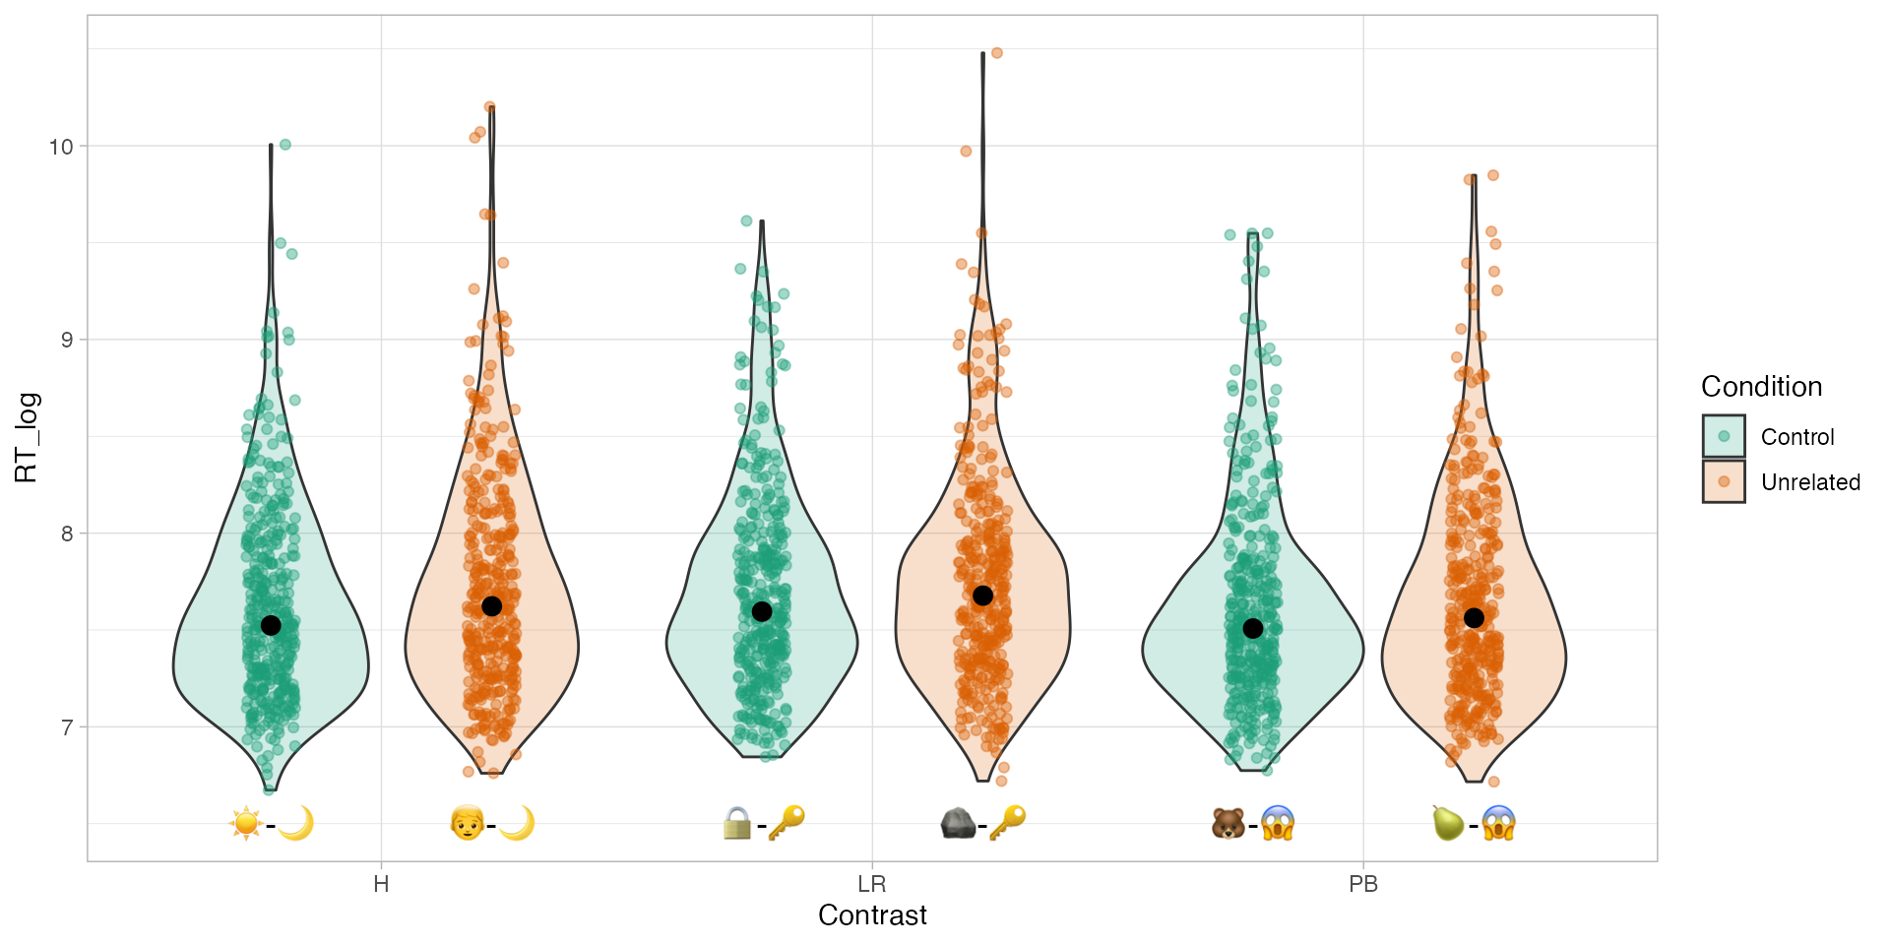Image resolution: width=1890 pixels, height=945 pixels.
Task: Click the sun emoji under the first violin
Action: click(245, 822)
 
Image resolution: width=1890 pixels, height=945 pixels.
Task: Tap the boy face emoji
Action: click(467, 822)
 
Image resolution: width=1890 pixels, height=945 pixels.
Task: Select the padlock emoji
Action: click(736, 823)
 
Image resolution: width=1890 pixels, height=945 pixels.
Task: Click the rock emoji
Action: click(958, 822)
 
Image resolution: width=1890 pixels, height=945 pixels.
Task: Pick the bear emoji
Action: click(1228, 822)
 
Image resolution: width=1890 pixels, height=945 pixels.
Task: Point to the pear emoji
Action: click(1448, 822)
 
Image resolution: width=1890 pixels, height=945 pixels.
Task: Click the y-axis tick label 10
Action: click(61, 147)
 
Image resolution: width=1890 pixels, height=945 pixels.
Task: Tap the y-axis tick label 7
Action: click(67, 727)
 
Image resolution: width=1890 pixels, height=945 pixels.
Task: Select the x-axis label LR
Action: click(871, 884)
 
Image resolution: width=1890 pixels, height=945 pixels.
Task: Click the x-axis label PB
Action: click(1362, 884)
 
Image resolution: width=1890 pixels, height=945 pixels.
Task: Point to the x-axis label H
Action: click(381, 884)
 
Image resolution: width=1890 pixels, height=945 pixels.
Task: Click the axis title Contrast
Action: click(872, 915)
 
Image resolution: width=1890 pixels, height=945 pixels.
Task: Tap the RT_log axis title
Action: click(27, 437)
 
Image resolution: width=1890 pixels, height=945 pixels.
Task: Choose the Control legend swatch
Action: click(1723, 436)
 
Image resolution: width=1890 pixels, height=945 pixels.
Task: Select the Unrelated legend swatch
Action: click(1723, 481)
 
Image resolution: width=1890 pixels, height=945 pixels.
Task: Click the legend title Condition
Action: click(1761, 387)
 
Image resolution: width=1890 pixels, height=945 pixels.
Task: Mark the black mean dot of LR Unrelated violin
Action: click(982, 596)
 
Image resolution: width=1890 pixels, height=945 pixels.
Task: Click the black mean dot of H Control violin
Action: click(271, 625)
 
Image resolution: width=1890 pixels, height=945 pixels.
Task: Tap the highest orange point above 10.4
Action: click(997, 53)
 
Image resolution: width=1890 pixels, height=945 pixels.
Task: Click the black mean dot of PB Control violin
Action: click(1252, 628)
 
